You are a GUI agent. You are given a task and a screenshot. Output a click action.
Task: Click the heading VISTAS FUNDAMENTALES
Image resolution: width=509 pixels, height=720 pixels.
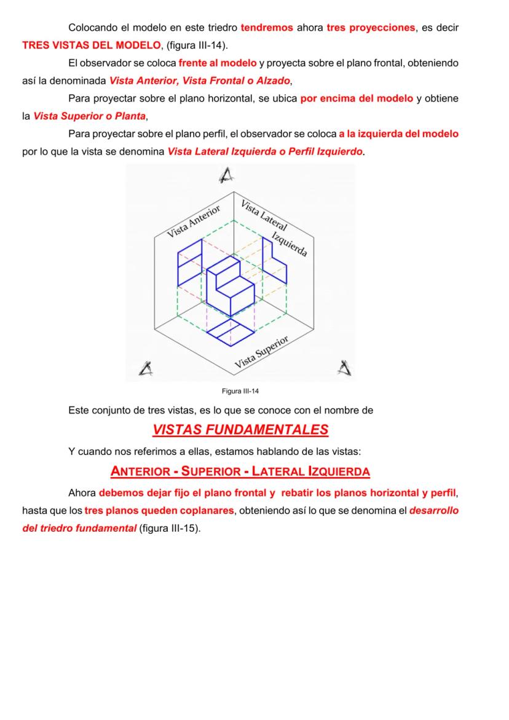[240, 430]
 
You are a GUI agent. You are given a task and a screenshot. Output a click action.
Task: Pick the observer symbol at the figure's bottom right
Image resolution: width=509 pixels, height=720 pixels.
[345, 368]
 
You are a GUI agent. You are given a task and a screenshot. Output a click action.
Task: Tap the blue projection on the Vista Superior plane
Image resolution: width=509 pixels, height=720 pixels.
[230, 330]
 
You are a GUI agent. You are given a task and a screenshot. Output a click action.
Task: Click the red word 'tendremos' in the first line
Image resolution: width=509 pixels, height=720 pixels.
[267, 28]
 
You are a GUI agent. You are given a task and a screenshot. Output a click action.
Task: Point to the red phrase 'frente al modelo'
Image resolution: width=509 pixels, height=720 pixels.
[218, 63]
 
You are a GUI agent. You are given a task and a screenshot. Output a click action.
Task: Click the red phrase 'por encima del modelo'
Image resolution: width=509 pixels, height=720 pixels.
[357, 99]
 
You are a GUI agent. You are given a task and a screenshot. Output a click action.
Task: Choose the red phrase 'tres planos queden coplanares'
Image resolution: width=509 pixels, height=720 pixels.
[160, 510]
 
